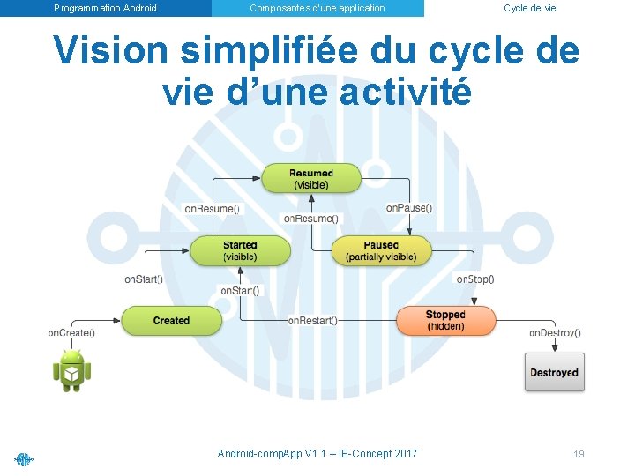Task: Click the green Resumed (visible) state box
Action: tap(310, 179)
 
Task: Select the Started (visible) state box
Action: tap(240, 251)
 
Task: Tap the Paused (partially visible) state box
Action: tap(381, 251)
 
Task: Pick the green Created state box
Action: tap(171, 321)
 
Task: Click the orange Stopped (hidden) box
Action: tap(445, 321)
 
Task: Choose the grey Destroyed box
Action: tap(554, 373)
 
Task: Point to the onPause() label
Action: tap(409, 208)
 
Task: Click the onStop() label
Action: tap(475, 279)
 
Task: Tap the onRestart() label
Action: tap(312, 321)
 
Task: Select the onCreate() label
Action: tap(71, 333)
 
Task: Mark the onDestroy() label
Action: tap(555, 333)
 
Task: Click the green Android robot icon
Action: tap(71, 369)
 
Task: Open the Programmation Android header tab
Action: tap(105, 8)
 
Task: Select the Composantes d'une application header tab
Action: tap(317, 8)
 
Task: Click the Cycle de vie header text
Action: tap(529, 8)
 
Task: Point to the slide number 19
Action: tap(579, 454)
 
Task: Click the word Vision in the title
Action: tap(109, 51)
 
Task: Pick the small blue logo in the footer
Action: tap(24, 458)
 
